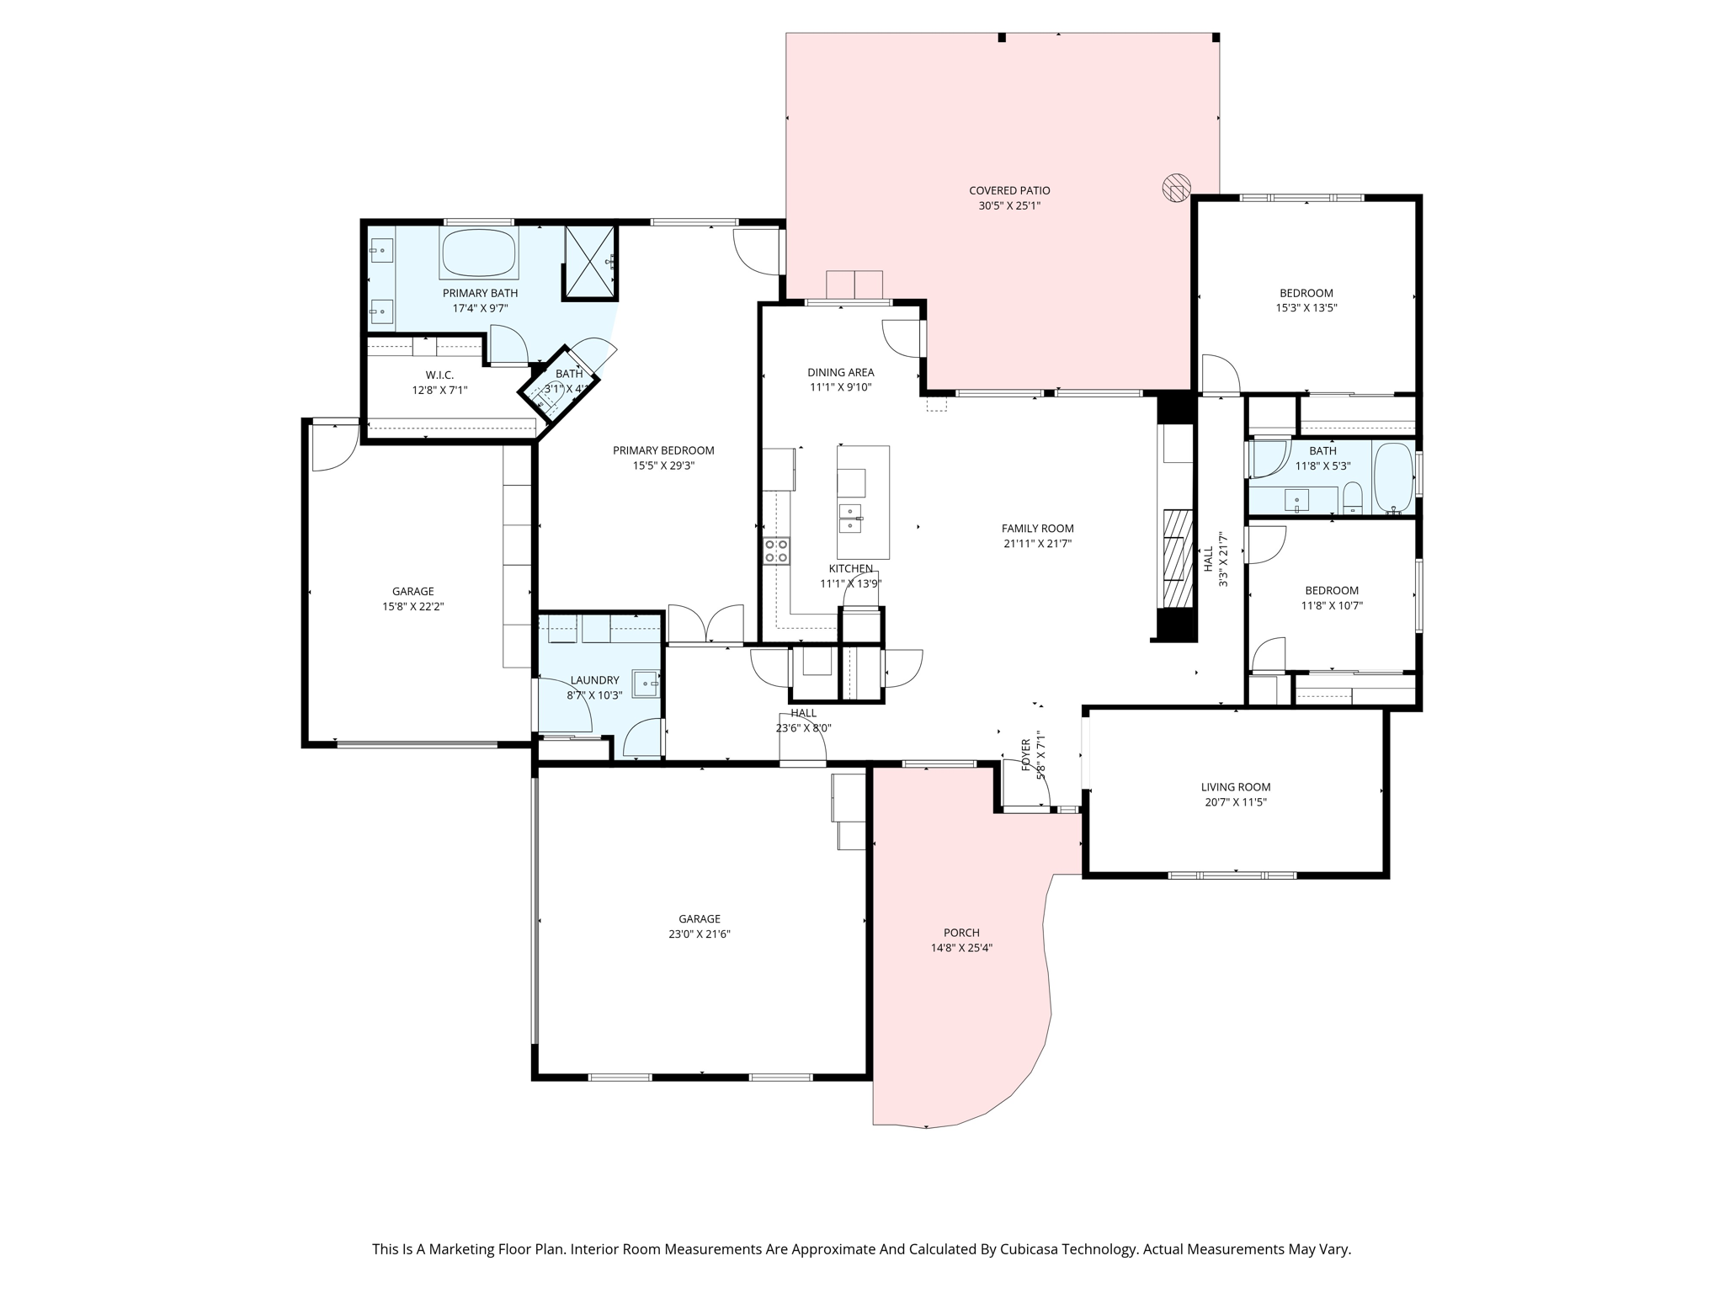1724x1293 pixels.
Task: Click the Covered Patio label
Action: click(1009, 191)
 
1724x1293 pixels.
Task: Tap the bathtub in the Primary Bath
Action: click(478, 253)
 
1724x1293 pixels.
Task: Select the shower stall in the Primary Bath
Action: click(589, 262)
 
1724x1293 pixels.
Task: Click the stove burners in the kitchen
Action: click(776, 551)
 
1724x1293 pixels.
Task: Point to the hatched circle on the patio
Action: click(1176, 188)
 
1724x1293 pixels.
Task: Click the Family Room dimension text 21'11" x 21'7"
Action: click(1038, 544)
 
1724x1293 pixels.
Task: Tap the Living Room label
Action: click(1236, 787)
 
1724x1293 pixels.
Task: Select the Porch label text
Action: click(961, 933)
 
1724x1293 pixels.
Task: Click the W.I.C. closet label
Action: click(439, 375)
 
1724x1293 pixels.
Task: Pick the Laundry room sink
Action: click(646, 684)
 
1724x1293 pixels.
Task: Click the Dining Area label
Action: click(841, 372)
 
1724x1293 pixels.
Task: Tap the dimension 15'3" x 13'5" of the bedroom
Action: click(1306, 308)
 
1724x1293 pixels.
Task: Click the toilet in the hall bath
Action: click(1353, 498)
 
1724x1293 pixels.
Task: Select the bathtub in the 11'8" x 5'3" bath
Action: click(1394, 477)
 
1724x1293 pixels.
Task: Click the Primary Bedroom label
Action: click(663, 450)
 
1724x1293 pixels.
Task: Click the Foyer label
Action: click(1026, 755)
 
